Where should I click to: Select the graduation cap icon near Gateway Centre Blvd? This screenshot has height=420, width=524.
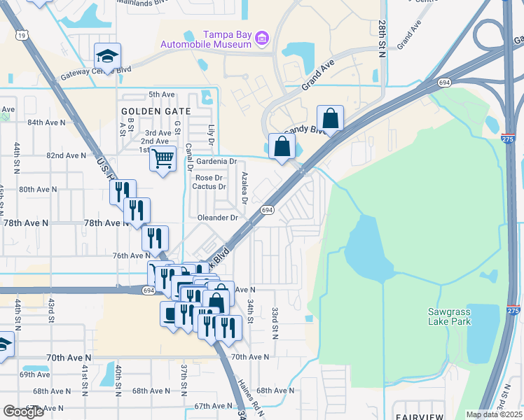coord(107,56)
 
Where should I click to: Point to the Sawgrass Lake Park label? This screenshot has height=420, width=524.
coord(450,316)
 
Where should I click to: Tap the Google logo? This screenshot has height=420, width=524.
coord(24,411)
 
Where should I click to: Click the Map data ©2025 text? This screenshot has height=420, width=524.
coord(493,414)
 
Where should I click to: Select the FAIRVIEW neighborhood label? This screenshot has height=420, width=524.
coord(418,416)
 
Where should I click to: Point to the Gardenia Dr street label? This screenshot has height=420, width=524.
coord(216,161)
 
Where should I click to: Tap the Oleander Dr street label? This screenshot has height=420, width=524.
coord(218,218)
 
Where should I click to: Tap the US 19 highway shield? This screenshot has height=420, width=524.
coord(24,34)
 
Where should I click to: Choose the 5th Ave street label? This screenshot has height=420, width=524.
coord(161,94)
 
